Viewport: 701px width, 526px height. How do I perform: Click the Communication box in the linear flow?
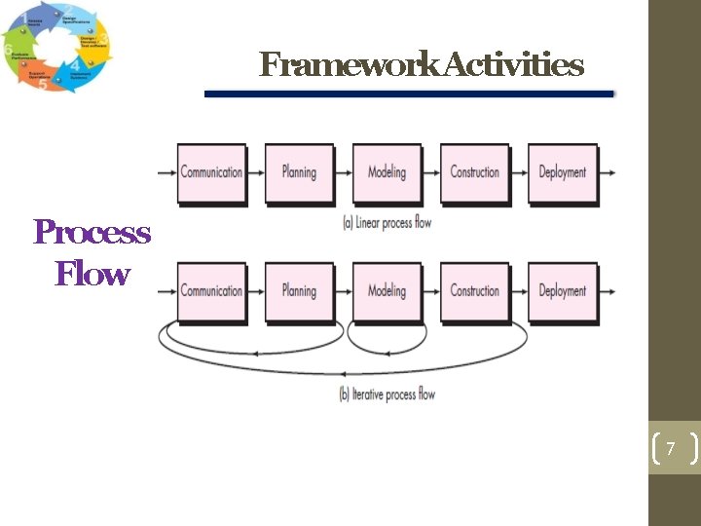(211, 173)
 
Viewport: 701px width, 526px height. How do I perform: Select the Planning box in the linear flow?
(299, 173)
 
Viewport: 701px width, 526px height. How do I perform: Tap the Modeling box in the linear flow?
(387, 173)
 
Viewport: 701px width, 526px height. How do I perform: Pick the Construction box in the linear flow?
(474, 173)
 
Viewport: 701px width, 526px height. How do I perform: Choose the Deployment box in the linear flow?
(562, 173)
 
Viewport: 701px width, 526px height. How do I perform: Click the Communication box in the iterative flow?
(211, 291)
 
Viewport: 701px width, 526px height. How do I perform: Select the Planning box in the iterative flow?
(299, 291)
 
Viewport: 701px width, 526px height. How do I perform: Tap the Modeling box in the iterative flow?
(387, 291)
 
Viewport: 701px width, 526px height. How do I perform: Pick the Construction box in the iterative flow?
(474, 291)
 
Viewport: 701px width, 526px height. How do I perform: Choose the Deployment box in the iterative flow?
(562, 291)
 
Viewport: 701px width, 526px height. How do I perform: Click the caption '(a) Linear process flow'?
(387, 222)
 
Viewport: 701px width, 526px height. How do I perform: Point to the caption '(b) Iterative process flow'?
(387, 394)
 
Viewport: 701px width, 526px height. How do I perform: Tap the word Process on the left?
(92, 233)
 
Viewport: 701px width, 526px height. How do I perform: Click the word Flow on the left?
(92, 274)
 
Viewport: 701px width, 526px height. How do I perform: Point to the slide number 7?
(670, 449)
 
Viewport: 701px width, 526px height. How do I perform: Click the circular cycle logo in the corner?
(55, 47)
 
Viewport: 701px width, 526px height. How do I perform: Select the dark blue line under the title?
(409, 94)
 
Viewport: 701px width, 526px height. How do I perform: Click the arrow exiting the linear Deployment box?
(608, 173)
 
